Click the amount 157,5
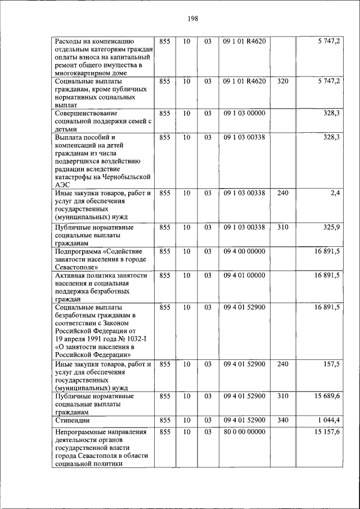[330, 364]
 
